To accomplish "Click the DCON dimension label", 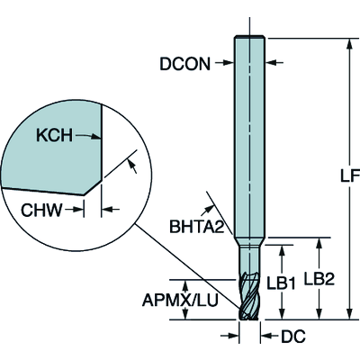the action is tap(184, 64).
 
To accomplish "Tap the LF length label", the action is tap(350, 176).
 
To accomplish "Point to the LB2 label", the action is tap(319, 279).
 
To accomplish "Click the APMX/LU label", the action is tap(180, 300).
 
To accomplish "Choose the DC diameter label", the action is tap(293, 336).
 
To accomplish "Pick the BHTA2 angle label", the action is tap(197, 227).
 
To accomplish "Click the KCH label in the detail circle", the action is tap(54, 135).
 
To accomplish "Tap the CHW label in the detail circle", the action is tap(41, 210).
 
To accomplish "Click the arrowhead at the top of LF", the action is tap(349, 43).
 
